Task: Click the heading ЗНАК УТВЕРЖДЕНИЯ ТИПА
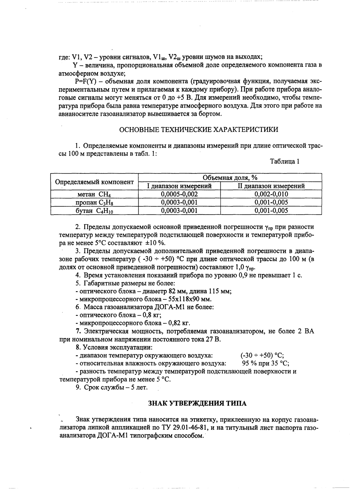pyautogui.click(x=197, y=403)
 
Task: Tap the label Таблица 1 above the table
pyautogui.click(x=285, y=161)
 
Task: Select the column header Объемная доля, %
pyautogui.click(x=230, y=178)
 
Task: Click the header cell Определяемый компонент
pyautogui.click(x=94, y=182)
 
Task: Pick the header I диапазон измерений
pyautogui.click(x=179, y=186)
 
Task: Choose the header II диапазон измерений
pyautogui.click(x=271, y=186)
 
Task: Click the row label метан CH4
pyautogui.click(x=94, y=194)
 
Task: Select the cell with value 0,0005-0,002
pyautogui.click(x=179, y=194)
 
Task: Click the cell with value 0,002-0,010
pyautogui.click(x=271, y=194)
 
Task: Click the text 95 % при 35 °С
pyautogui.click(x=265, y=363)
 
